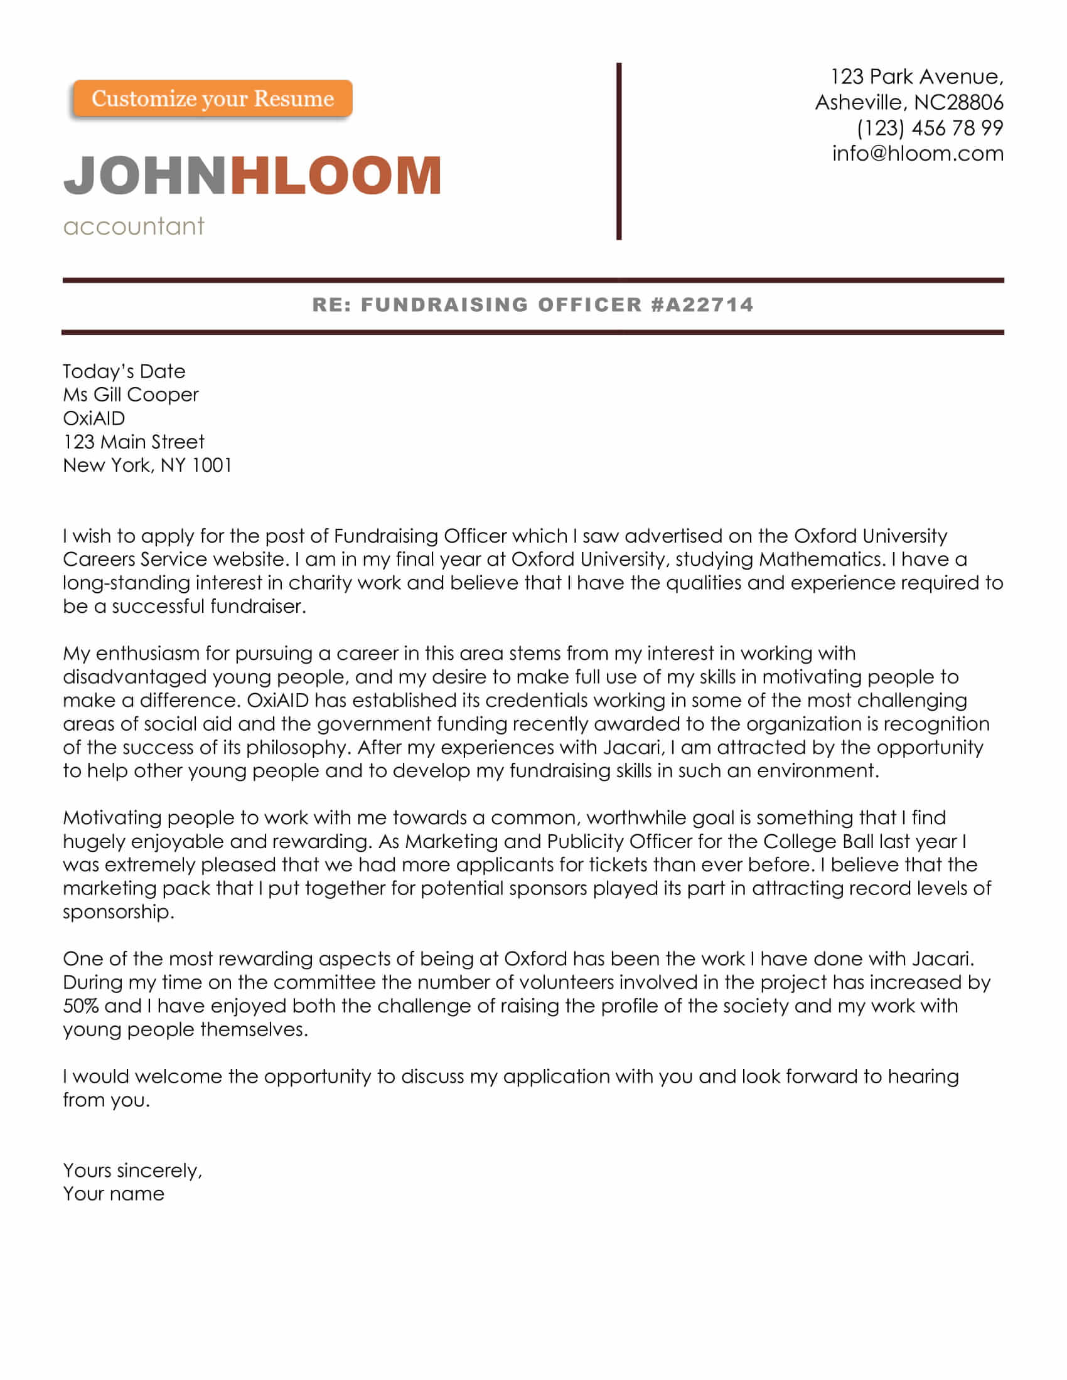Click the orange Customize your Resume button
(212, 98)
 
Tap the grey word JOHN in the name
(145, 175)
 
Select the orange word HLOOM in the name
(336, 175)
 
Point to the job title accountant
(134, 226)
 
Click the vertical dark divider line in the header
(619, 152)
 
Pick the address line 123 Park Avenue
(916, 77)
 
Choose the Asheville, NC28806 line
(909, 102)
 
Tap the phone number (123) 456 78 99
(930, 128)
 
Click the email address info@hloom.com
(918, 154)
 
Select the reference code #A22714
(702, 305)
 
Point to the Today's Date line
(124, 371)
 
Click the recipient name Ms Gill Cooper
(131, 395)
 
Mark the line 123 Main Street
(133, 442)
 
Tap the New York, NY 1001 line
(147, 465)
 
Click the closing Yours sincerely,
(132, 1171)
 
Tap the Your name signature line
(114, 1194)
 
